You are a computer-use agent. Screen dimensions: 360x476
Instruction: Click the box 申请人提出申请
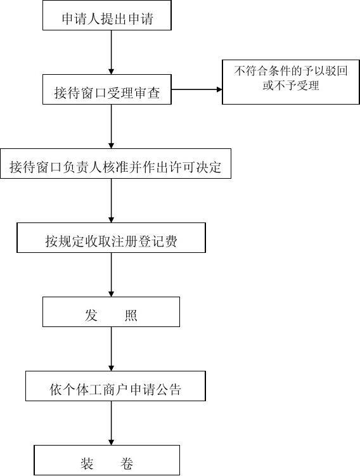107,15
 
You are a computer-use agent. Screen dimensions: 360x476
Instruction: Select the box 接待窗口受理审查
107,89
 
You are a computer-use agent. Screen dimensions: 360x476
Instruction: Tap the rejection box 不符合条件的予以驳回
291,82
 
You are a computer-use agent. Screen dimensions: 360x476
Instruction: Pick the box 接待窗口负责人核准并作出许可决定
115,164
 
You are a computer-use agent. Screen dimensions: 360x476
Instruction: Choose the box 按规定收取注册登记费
111,238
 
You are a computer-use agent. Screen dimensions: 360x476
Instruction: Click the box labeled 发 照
111,312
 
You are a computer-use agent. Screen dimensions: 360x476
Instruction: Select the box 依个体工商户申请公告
115,386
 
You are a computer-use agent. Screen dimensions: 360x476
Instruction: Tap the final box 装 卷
107,460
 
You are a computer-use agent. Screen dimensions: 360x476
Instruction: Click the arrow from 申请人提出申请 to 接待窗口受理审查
111,52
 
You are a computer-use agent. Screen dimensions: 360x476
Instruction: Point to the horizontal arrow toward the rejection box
196,89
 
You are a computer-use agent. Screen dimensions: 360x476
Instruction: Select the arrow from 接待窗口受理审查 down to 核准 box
111,126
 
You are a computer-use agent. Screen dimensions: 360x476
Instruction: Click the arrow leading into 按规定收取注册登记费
111,200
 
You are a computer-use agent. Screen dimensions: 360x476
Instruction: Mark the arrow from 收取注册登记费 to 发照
111,274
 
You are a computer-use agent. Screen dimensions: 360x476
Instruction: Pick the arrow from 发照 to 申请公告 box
111,349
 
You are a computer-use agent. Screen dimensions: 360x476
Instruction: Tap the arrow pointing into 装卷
111,423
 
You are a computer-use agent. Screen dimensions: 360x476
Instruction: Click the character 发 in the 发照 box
91,315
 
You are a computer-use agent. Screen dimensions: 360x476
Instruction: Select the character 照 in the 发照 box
131,315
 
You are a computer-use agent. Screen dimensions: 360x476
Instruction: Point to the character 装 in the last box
87,463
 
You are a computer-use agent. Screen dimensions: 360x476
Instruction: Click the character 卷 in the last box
127,463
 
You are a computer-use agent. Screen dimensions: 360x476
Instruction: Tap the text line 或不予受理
291,86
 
